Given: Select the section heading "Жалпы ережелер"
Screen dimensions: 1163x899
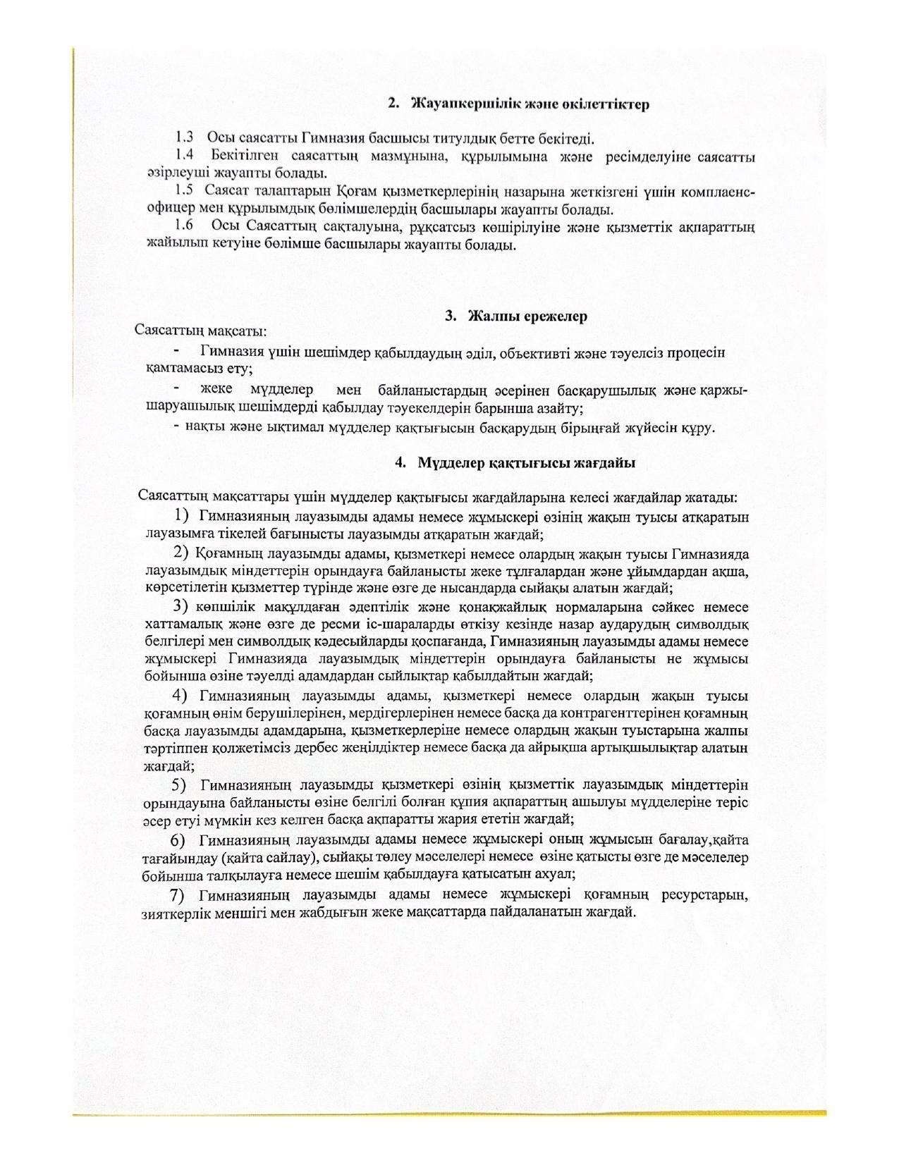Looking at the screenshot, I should point(527,316).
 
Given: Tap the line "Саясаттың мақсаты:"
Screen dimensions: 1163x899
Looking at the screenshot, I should point(201,330).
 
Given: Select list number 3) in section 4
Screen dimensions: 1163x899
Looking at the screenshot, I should point(181,606).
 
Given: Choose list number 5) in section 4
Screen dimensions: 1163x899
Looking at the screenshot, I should point(179,784).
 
